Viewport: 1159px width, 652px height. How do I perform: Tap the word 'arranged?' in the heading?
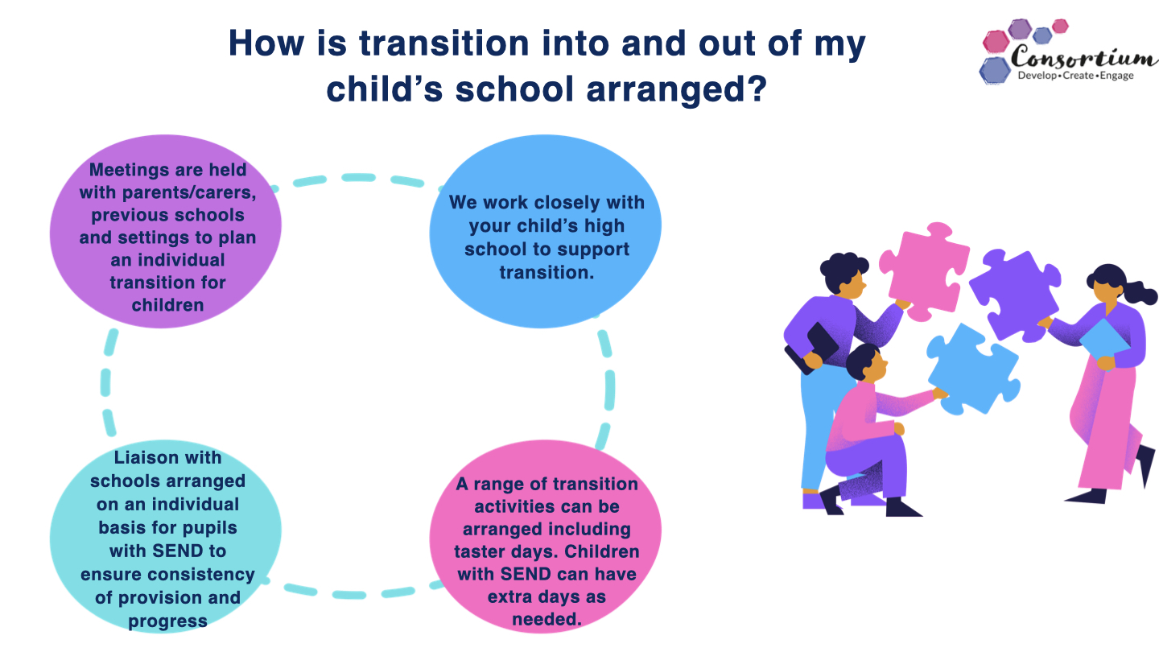pyautogui.click(x=676, y=90)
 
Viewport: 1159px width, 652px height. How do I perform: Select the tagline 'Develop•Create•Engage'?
pyautogui.click(x=1075, y=76)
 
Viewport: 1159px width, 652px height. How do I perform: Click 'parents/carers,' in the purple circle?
pyautogui.click(x=189, y=192)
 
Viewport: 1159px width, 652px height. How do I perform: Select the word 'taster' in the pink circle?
pyautogui.click(x=481, y=551)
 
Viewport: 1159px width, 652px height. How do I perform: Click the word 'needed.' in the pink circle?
pyautogui.click(x=547, y=619)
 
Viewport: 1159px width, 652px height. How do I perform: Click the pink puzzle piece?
pyautogui.click(x=925, y=271)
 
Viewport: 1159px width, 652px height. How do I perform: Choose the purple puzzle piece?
pyautogui.click(x=1015, y=295)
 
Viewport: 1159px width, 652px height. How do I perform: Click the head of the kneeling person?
pyautogui.click(x=867, y=362)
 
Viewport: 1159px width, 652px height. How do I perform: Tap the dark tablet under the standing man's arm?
pyautogui.click(x=812, y=348)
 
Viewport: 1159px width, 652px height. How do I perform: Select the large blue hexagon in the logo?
pyautogui.click(x=995, y=70)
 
